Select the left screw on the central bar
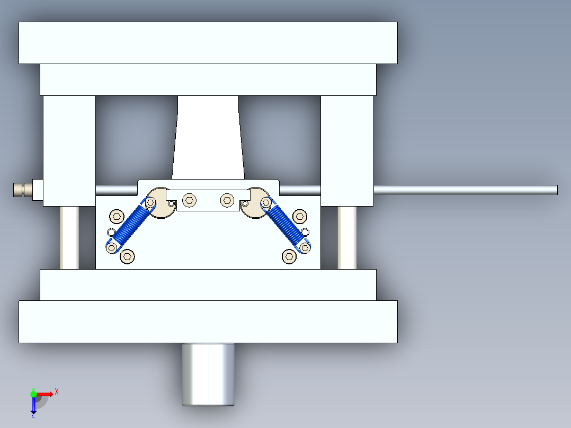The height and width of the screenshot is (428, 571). [x=190, y=200]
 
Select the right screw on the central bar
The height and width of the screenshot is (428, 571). [x=227, y=200]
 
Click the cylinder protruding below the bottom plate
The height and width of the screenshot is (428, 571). [x=208, y=374]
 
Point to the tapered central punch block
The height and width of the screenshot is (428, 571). [x=208, y=138]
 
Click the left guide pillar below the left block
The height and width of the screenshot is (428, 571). [x=69, y=237]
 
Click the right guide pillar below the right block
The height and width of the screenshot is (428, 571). [x=347, y=237]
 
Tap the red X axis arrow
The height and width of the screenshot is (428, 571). [x=47, y=394]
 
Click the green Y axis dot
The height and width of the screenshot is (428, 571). [x=33, y=394]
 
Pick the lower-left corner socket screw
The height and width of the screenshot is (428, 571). [x=127, y=256]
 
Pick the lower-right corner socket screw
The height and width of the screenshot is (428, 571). [x=289, y=256]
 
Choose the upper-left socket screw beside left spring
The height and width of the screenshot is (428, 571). [x=117, y=216]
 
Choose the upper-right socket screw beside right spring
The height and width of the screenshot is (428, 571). [x=300, y=216]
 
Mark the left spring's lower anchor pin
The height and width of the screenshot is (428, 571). [x=112, y=247]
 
